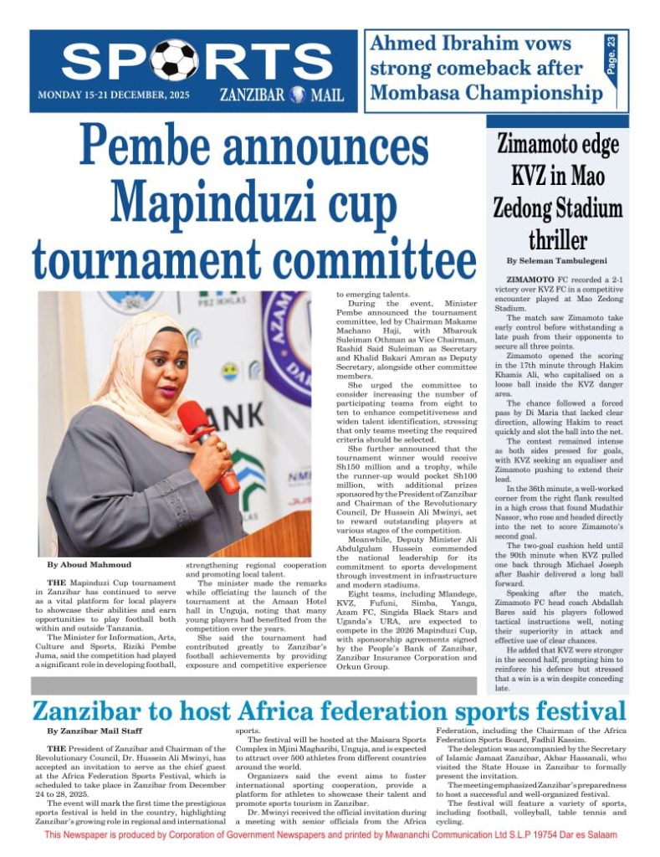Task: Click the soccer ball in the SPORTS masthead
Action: tap(174, 59)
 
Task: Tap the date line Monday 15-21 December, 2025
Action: tap(114, 95)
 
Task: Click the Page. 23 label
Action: tap(611, 53)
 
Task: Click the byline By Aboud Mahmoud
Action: tap(83, 566)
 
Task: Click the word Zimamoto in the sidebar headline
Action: tap(539, 145)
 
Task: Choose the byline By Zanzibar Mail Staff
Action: tap(95, 731)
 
